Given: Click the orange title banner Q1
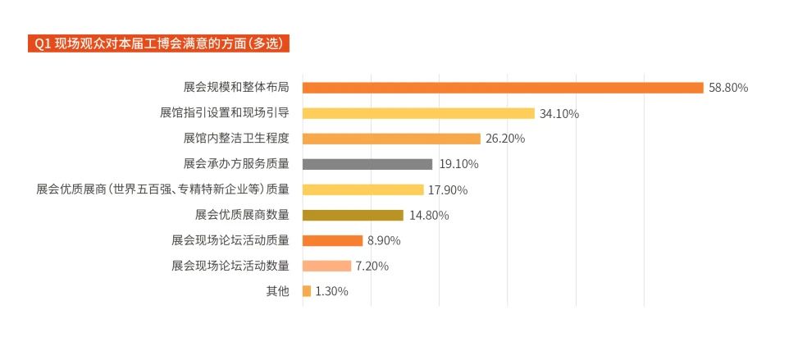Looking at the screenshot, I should point(159,43).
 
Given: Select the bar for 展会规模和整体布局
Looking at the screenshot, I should point(503,88).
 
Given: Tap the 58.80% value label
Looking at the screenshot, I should point(728,88).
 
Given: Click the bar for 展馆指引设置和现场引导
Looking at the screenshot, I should point(418,113).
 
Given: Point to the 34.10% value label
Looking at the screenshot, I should point(559,114).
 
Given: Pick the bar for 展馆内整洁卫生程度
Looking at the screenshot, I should point(391,139).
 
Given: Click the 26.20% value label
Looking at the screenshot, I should point(505,139).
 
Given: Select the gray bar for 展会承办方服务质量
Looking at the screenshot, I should point(367,164).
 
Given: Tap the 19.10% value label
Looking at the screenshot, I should point(458,164).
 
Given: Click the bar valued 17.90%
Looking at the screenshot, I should point(363,189).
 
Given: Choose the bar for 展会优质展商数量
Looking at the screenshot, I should point(353,215).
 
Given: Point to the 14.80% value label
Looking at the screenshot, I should point(429,216).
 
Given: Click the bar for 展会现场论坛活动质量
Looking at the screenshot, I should point(332,240).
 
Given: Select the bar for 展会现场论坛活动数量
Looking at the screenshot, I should point(326,266).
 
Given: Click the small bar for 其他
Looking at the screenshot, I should point(307,291).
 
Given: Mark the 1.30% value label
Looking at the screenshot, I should point(332,292).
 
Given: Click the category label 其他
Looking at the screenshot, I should point(277,291).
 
